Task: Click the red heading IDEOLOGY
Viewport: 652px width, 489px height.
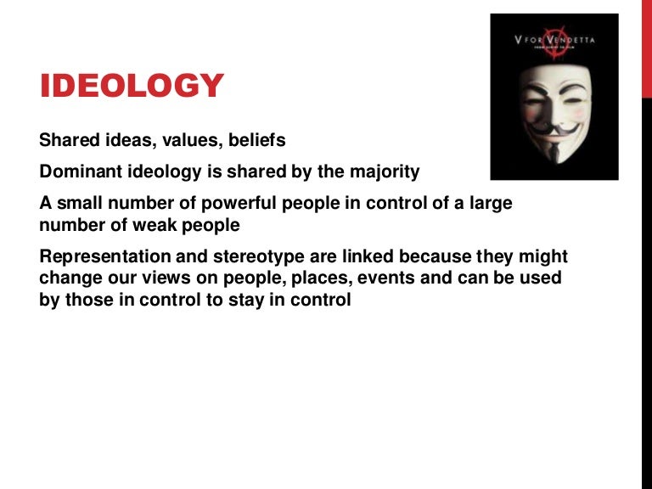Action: click(x=132, y=86)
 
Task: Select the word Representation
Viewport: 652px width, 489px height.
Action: click(x=100, y=257)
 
